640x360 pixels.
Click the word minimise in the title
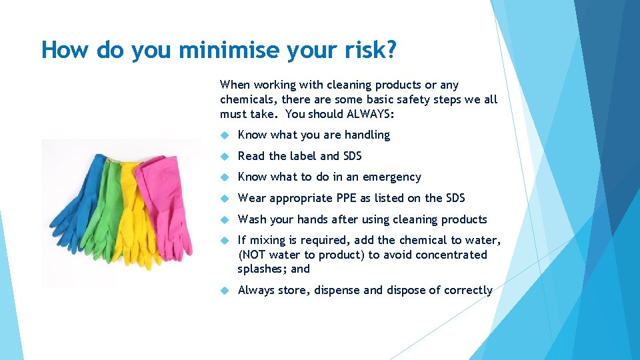coord(212,50)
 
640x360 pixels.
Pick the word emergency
coord(390,177)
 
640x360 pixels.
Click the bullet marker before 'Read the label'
coord(225,156)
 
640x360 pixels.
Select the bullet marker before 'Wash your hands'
coord(225,219)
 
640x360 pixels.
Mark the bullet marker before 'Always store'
coord(225,291)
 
